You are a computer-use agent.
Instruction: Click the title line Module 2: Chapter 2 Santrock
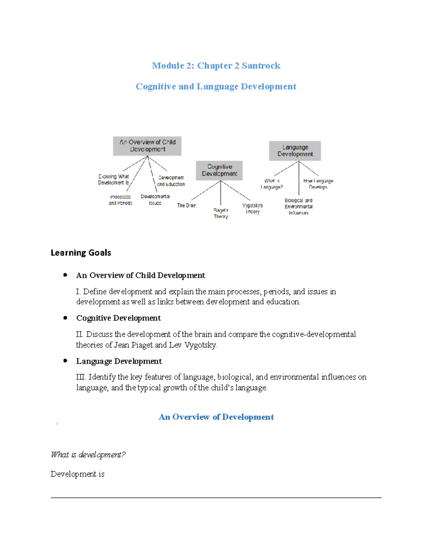point(216,66)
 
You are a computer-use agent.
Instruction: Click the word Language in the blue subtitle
point(217,87)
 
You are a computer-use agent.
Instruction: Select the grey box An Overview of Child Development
point(147,146)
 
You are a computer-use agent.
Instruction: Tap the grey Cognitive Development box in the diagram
point(219,170)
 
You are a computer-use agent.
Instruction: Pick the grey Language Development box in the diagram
point(295,150)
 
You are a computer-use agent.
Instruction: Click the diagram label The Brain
point(186,206)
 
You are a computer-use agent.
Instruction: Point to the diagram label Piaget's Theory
point(221,213)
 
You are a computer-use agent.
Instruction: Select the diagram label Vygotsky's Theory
point(252,208)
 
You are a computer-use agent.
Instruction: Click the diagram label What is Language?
point(272,184)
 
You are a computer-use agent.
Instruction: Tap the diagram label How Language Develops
point(318,184)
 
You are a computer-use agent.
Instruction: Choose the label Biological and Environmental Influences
point(298,207)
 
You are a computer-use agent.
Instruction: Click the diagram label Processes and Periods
point(120,200)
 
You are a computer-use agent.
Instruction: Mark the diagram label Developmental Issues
point(155,200)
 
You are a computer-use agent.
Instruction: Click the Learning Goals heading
point(81,253)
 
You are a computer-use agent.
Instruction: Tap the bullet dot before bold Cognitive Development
point(65,318)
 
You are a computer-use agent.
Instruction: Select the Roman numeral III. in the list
point(81,377)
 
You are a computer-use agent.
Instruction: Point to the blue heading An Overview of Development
point(216,417)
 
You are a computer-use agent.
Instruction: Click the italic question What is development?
point(88,455)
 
